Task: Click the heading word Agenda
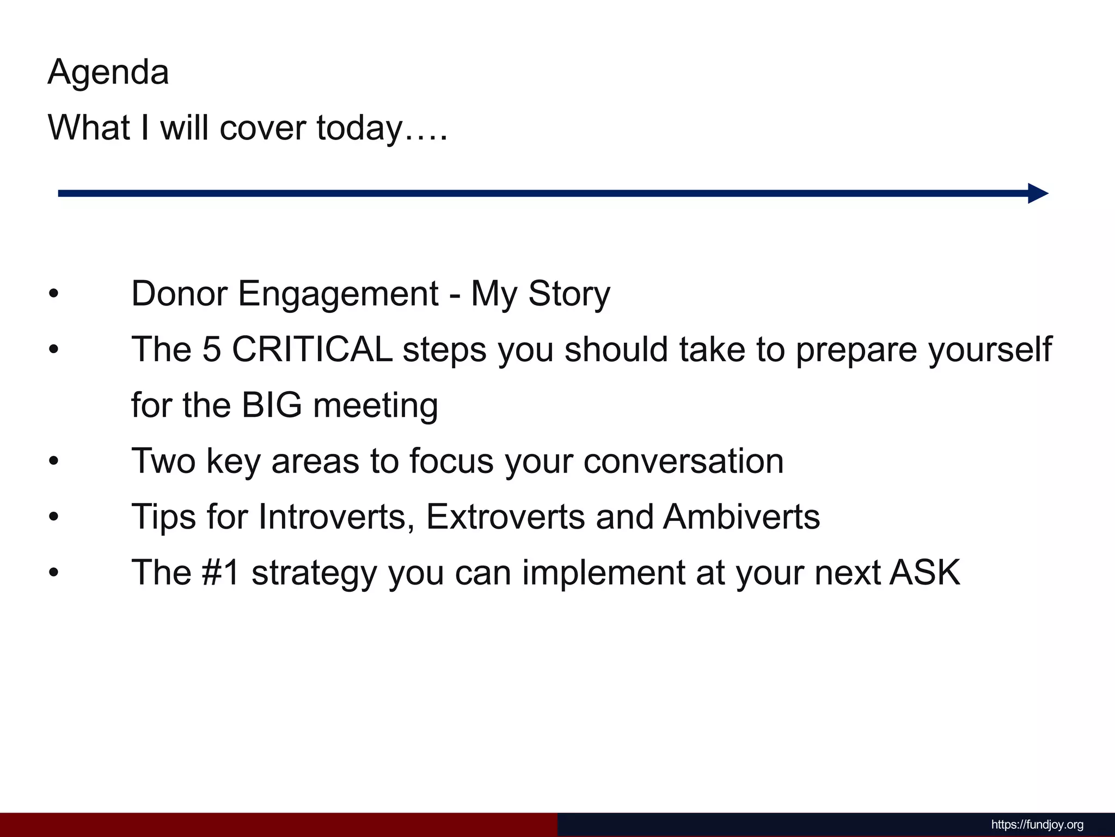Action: point(108,72)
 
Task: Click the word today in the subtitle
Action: point(359,128)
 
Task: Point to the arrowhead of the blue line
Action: point(1037,193)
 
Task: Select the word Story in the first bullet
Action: point(569,294)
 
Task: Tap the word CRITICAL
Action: point(313,349)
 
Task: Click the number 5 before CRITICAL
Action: point(212,349)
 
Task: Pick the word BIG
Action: point(272,405)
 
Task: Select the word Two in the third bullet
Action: point(163,461)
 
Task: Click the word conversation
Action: point(683,461)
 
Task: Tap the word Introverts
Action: point(333,517)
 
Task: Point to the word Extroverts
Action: point(505,517)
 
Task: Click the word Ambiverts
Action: point(742,517)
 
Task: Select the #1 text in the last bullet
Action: point(220,573)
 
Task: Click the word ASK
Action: point(925,573)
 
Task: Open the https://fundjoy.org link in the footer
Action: point(1037,825)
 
